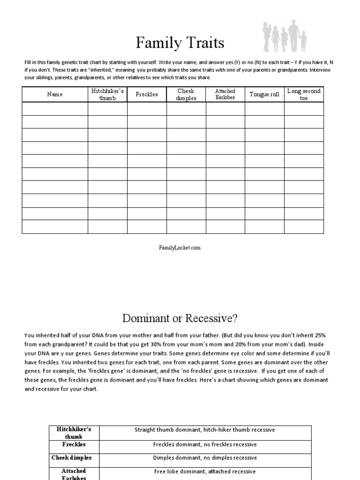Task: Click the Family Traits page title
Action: coord(180,43)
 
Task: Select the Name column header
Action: coord(54,94)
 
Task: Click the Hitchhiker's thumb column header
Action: coord(107,94)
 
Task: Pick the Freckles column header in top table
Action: coord(147,94)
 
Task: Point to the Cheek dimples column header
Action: coord(186,94)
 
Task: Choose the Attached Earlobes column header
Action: coord(225,94)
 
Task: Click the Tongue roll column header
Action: coord(264,94)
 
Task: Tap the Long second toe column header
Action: coord(304,94)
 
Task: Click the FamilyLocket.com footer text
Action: coord(180,247)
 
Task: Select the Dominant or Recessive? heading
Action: coord(180,319)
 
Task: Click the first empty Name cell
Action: coord(54,109)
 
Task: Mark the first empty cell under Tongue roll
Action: coord(264,109)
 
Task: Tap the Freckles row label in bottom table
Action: coord(74,444)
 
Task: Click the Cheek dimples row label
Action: coord(74,457)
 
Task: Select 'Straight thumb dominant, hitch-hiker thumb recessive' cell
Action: coord(205,430)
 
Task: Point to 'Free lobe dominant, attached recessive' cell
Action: coord(205,472)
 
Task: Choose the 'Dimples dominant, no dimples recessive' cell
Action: coord(205,458)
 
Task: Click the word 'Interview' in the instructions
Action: coord(320,70)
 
